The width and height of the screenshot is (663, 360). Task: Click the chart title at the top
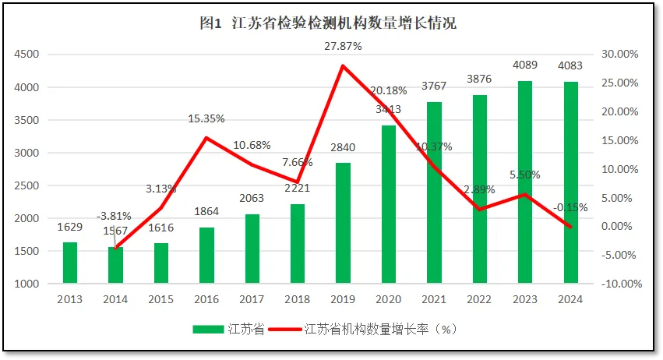(x=328, y=23)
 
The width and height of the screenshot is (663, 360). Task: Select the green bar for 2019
(x=344, y=223)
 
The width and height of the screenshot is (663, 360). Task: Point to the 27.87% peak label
(x=343, y=47)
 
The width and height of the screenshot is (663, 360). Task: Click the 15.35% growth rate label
(x=206, y=119)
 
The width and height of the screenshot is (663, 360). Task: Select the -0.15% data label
(x=570, y=207)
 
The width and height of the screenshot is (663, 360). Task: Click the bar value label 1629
(x=70, y=227)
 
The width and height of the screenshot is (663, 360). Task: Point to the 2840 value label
(x=343, y=148)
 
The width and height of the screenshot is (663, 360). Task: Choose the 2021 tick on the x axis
(x=434, y=298)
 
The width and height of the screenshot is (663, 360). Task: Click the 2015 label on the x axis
(x=161, y=298)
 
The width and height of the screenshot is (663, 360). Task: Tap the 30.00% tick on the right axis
(x=620, y=55)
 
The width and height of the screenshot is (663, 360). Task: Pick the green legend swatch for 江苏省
(x=210, y=329)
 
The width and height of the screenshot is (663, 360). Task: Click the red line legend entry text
(x=379, y=329)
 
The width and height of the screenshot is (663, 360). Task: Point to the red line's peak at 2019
(x=343, y=65)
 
